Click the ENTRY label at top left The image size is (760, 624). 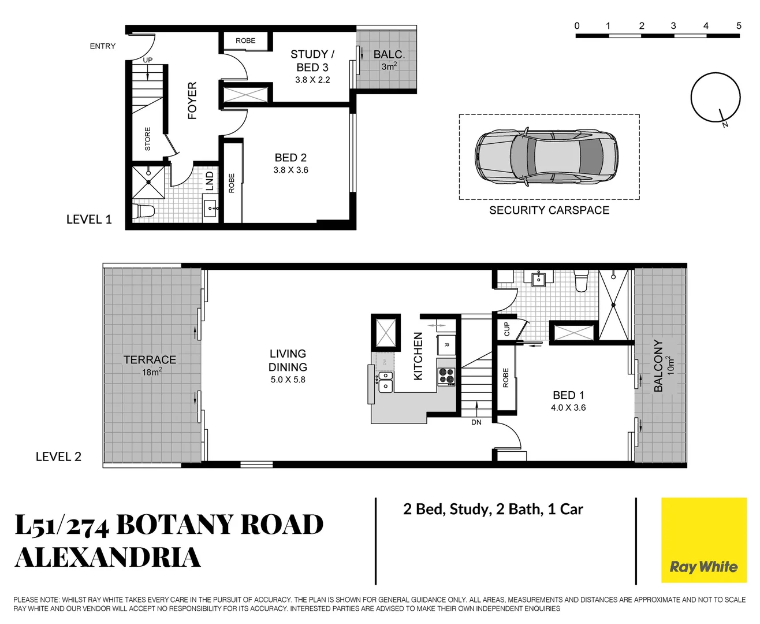click(102, 46)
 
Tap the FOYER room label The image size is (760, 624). click(192, 101)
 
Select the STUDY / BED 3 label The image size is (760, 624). click(312, 61)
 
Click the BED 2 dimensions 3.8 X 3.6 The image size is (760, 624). click(290, 170)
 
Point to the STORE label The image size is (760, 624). click(147, 139)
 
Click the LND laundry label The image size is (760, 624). click(210, 181)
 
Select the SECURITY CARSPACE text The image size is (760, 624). click(549, 210)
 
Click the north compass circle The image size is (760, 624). click(715, 97)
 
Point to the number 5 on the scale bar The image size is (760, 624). click(739, 26)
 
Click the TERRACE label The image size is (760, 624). click(150, 359)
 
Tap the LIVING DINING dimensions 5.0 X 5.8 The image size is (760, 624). click(288, 380)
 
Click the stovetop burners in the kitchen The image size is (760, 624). click(446, 377)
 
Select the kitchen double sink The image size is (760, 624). click(385, 382)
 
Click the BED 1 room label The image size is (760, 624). click(568, 395)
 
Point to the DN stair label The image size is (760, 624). click(476, 422)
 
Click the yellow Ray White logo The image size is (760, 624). click(703, 540)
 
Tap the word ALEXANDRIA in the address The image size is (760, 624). click(108, 557)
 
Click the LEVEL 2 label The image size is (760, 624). click(58, 456)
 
